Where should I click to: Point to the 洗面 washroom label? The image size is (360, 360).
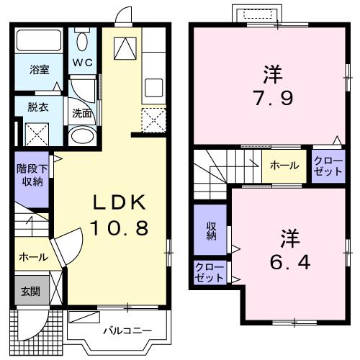81,112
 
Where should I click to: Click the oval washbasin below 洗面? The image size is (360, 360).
84,136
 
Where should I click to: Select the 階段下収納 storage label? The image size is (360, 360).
30,175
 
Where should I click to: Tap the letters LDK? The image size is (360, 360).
119,202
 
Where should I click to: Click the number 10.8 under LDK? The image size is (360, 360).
119,228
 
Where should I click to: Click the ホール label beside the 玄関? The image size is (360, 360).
33,256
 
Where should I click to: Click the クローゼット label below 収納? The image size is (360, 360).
210,273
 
